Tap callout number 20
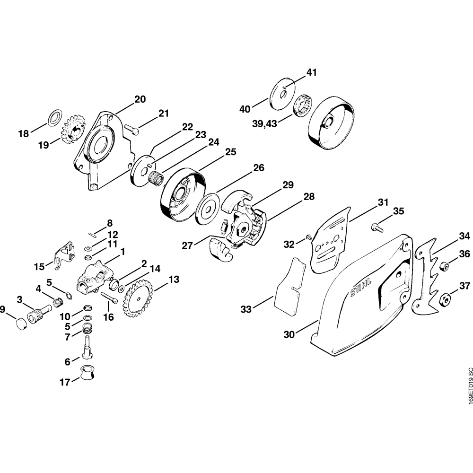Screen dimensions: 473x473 [x=140, y=99]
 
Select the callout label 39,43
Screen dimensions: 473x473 [x=265, y=123]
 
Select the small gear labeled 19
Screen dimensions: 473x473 [x=73, y=128]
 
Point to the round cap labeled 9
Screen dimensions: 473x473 [x=21, y=325]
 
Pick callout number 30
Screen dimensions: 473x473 [x=289, y=334]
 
